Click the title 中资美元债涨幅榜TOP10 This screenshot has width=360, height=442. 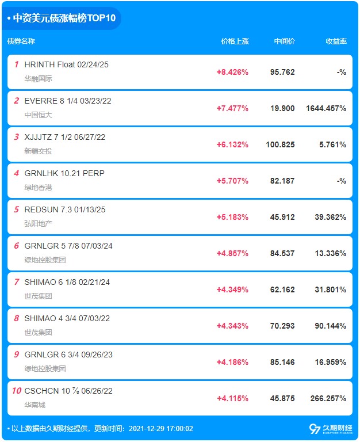[x=64, y=18]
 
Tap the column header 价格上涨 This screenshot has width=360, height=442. [x=235, y=41]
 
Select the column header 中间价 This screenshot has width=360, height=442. [x=284, y=41]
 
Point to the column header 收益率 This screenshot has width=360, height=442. [x=336, y=41]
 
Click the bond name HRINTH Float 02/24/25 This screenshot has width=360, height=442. [x=67, y=64]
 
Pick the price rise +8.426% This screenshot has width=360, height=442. [x=232, y=72]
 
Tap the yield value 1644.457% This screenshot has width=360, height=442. [x=326, y=108]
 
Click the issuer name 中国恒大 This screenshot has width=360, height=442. [x=39, y=115]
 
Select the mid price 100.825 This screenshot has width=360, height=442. [x=280, y=144]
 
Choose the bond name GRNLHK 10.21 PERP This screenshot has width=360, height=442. [x=64, y=173]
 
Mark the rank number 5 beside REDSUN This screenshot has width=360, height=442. [x=17, y=209]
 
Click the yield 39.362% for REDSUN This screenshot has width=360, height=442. [x=331, y=217]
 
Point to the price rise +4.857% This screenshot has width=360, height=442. [x=232, y=253]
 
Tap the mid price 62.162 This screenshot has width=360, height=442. [x=282, y=289]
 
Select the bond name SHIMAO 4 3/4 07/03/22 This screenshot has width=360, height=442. [x=67, y=318]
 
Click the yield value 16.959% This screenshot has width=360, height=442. [x=331, y=362]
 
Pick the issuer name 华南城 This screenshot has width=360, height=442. [x=35, y=405]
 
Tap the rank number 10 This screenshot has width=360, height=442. [x=17, y=391]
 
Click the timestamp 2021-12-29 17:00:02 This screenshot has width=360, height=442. [x=161, y=429]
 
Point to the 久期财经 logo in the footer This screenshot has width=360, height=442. [x=331, y=429]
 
